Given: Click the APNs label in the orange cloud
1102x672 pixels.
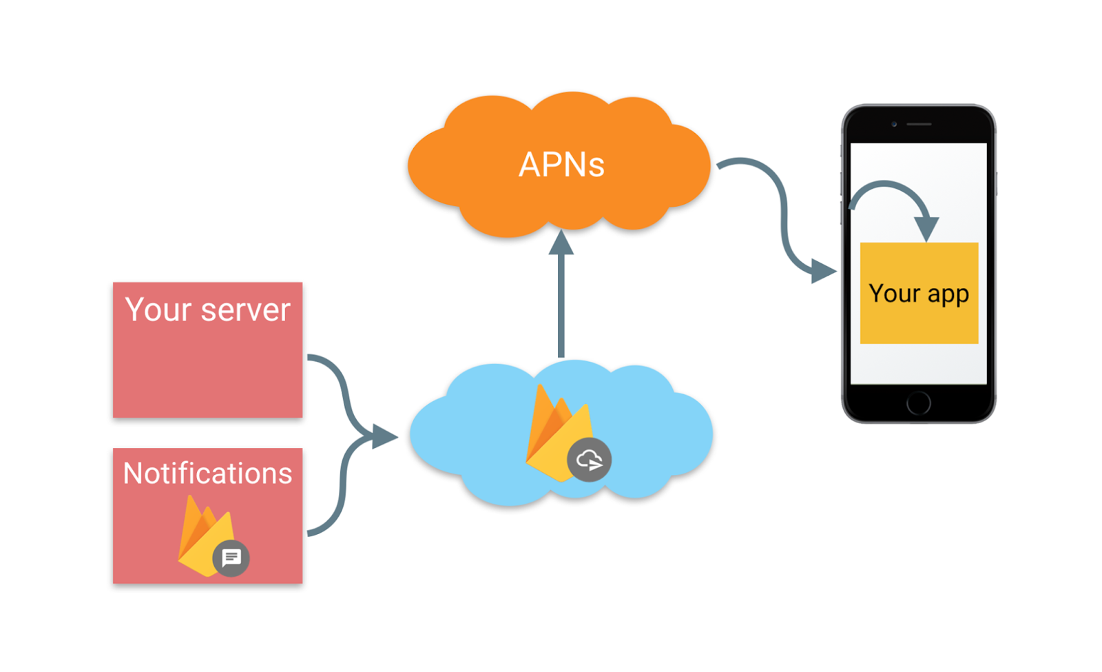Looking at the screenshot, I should [x=561, y=165].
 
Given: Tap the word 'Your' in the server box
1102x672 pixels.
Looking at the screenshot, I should [x=158, y=309].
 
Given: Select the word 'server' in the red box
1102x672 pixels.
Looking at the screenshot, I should [x=245, y=310].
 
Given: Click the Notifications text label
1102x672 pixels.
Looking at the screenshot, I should [x=207, y=474].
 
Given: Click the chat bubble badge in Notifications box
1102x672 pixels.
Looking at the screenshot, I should [x=231, y=558].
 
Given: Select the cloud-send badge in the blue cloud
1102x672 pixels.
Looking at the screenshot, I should [x=589, y=460].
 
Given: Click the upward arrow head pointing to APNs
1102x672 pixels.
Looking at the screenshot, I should [x=561, y=243].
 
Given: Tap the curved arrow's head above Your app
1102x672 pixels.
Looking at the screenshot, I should [x=926, y=227].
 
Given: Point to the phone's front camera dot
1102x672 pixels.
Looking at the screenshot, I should [x=894, y=124].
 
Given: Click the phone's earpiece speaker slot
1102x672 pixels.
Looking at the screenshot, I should [x=919, y=124].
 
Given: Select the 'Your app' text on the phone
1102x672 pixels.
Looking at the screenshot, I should [x=919, y=294].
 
